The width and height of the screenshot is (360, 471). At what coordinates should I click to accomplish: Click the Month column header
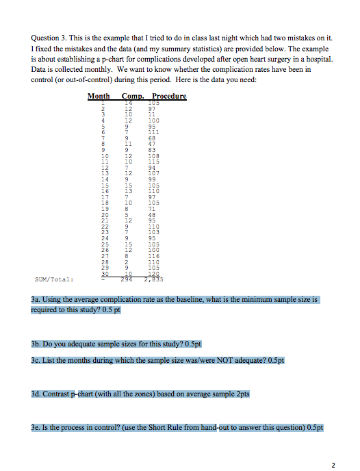pyautogui.click(x=101, y=97)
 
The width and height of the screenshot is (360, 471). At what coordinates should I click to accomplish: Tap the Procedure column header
pyautogui.click(x=168, y=97)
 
